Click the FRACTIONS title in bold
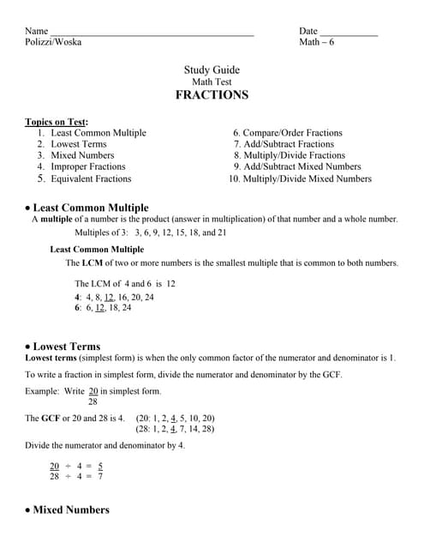tap(212, 95)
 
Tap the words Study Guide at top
tap(212, 70)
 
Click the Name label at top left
tap(37, 31)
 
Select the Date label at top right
tap(308, 31)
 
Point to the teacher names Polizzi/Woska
tap(54, 42)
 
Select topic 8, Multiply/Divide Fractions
tap(290, 156)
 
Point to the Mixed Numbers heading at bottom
tap(70, 510)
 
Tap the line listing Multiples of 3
tap(151, 232)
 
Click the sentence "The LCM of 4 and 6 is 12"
tap(125, 283)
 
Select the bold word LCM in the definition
tap(90, 263)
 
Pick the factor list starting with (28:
tap(175, 429)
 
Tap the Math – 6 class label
tap(318, 42)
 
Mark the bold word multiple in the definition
tap(57, 220)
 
